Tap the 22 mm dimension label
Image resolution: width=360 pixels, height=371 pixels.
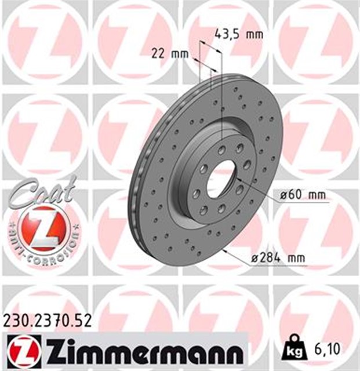pyautogui.click(x=170, y=54)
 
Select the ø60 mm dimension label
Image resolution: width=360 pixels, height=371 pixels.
pyautogui.click(x=302, y=196)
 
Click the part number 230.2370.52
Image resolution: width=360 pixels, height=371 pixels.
pyautogui.click(x=47, y=319)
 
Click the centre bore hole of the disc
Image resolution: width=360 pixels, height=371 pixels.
pyautogui.click(x=221, y=176)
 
